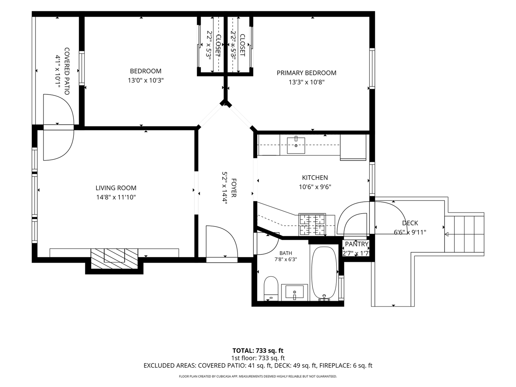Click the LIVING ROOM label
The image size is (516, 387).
point(116,188)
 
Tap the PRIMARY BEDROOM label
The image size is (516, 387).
point(306,73)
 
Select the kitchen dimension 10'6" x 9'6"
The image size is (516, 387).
point(315,187)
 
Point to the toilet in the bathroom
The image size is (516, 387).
point(271,288)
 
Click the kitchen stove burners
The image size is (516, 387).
point(312,224)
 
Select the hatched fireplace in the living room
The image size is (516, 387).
point(114,258)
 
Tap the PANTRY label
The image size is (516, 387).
point(357,244)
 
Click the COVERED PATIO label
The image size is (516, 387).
point(67,71)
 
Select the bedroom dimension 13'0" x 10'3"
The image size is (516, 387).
point(145,81)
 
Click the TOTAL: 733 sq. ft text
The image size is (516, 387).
point(258,351)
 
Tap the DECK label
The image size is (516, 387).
point(410,223)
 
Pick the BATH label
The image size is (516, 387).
point(286,253)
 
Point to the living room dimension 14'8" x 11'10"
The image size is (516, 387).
point(116,197)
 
